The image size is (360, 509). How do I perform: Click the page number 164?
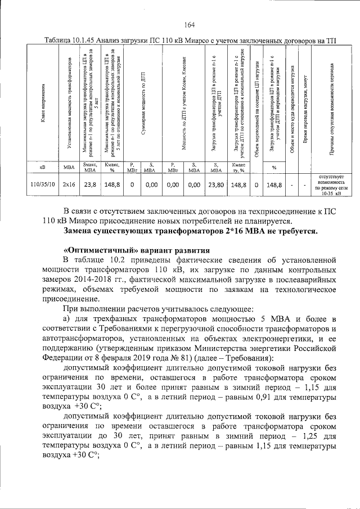189,24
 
